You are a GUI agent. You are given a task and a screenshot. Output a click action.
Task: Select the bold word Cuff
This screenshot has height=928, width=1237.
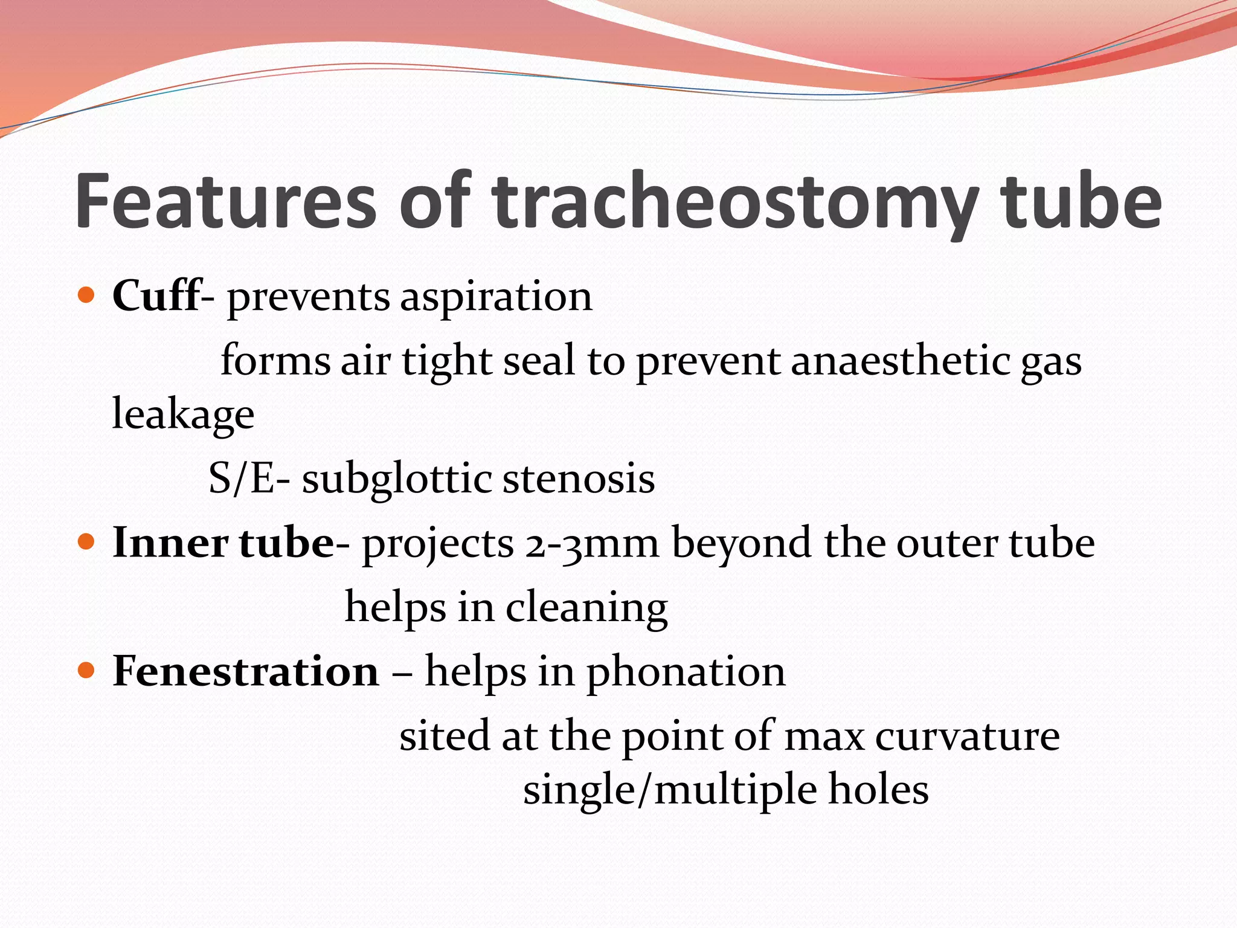point(156,296)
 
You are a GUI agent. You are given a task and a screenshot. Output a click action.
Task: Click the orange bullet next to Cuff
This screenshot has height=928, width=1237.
point(87,296)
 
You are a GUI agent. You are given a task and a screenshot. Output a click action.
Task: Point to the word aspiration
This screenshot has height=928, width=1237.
point(496,297)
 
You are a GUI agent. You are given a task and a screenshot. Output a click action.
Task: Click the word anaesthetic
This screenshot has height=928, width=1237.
point(899,361)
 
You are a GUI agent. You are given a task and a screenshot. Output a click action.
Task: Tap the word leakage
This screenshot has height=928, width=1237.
point(183,416)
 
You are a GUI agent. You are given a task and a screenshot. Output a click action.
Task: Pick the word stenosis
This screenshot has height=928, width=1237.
point(578,478)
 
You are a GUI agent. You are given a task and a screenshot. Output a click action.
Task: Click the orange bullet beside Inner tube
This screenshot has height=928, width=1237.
point(87,542)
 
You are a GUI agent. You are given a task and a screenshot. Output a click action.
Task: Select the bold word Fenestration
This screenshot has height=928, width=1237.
point(246,671)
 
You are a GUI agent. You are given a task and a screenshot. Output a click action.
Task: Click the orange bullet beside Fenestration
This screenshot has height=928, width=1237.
point(87,671)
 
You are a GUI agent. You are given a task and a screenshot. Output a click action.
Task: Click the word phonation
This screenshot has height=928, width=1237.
point(686,672)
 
